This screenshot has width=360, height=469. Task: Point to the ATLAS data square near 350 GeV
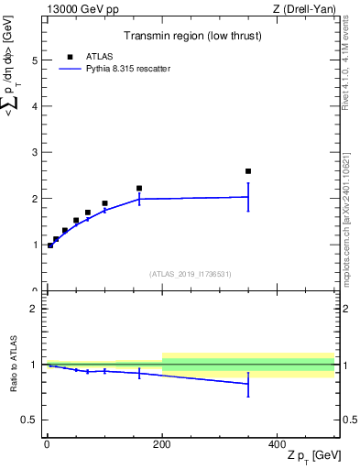point(248,171)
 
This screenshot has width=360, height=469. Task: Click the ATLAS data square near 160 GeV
point(139,189)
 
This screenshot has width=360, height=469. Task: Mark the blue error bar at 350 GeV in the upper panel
point(248,197)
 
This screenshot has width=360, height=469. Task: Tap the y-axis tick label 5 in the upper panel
point(34,60)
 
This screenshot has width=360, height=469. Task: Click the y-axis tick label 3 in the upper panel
point(34,153)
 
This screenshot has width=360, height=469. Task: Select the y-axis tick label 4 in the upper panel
point(34,106)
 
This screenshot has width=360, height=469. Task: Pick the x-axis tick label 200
point(162,443)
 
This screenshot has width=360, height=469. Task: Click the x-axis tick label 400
point(278,443)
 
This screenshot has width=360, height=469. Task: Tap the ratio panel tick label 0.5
point(29,420)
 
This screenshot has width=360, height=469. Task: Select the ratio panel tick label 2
point(34,309)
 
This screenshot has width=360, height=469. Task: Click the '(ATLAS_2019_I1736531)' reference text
point(190,274)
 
